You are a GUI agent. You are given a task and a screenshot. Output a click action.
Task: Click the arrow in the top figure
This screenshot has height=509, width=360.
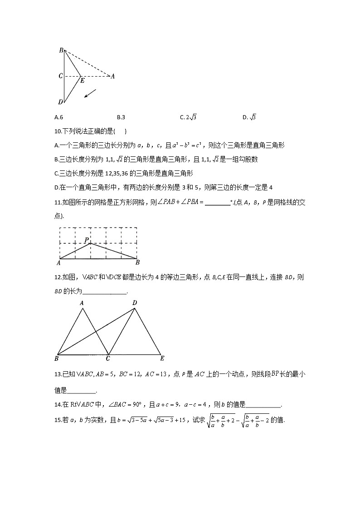pos(90,93)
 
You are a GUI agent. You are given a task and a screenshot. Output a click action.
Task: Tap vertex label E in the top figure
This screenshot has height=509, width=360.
pos(82,81)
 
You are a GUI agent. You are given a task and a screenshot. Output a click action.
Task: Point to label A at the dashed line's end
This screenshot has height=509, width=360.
pos(112,76)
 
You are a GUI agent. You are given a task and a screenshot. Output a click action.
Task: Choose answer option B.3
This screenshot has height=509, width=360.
pos(121,117)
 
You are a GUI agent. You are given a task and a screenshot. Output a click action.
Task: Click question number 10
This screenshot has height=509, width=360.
pos(57,131)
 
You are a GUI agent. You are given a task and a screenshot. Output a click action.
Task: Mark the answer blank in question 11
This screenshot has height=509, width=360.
pos(217,203)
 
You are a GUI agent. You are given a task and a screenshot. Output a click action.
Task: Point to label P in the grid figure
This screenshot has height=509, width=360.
pos(86,240)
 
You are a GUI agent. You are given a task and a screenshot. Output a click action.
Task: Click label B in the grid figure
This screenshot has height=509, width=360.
pos(137,262)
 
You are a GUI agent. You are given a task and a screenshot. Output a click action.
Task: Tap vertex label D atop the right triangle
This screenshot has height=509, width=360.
pos(134,303)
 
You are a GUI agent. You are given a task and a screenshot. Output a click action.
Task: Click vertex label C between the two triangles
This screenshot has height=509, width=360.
pos(107,359)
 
